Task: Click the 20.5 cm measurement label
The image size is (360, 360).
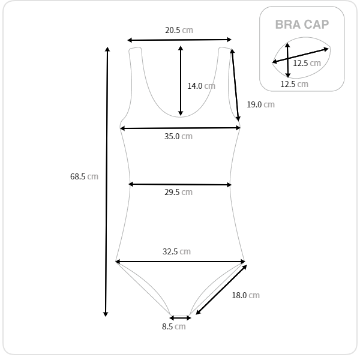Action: tap(179, 30)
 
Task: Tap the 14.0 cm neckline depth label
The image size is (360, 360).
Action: tap(202, 86)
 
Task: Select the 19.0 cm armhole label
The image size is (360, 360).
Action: tap(260, 104)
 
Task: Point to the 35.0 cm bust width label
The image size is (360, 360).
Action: tap(178, 136)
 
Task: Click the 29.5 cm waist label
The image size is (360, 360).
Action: tap(178, 192)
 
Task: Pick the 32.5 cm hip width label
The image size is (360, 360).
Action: tap(176, 251)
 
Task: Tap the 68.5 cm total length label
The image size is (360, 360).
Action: tap(84, 176)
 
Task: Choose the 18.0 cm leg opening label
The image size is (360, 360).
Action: tap(245, 295)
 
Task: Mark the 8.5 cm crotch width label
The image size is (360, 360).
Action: tap(174, 326)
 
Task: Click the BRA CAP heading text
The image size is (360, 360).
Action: tap(302, 25)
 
